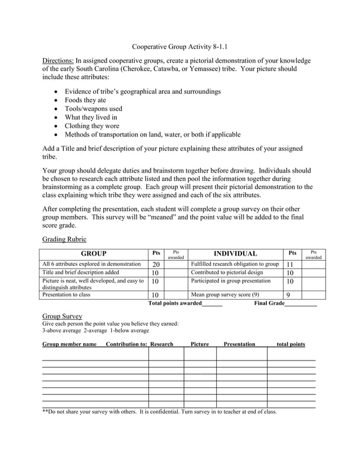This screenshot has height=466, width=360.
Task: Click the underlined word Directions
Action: pos(58,60)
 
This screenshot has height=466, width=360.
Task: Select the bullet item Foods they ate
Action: pos(85,100)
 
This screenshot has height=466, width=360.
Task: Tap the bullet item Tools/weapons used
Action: pos(93,108)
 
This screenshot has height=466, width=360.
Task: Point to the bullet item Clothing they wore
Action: pos(92,126)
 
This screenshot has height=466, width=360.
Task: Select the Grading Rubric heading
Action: pos(64,239)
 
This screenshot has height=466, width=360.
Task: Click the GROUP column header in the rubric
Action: pos(94,254)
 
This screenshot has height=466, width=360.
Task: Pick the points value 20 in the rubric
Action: pos(156,264)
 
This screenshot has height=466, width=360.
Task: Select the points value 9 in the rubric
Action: pos(288,294)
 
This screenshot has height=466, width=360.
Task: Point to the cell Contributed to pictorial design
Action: pos(227,272)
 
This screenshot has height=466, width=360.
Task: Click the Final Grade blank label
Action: pos(285,303)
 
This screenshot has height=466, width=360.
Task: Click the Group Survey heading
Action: pos(62,316)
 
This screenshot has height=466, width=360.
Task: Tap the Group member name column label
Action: pos(69,344)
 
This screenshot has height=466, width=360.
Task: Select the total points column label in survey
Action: pos(291,344)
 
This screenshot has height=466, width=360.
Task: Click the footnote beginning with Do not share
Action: pos(160,412)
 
